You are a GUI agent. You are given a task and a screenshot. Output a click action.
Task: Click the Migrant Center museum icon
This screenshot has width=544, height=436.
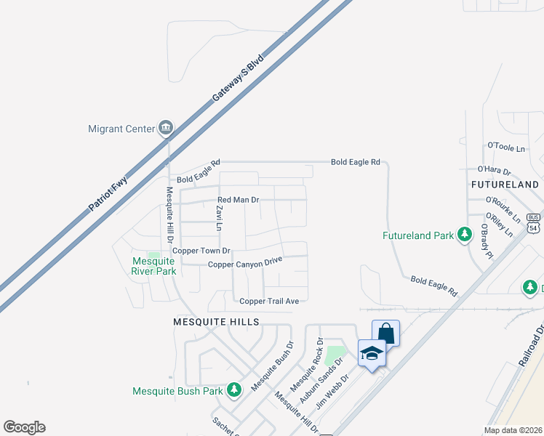pyautogui.click(x=166, y=129)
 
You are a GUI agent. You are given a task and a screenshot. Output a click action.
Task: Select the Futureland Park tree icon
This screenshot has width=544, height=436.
pyautogui.click(x=463, y=235)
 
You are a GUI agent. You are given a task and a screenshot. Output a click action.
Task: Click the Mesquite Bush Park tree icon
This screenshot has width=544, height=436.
pyautogui.click(x=233, y=391)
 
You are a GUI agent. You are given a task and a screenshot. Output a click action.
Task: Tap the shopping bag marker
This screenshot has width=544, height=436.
pyautogui.click(x=385, y=334)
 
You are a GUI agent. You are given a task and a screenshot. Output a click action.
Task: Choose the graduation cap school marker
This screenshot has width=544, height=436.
pyautogui.click(x=372, y=353)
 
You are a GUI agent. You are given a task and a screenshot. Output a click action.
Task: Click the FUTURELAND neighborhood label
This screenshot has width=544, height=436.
pyautogui.click(x=505, y=185)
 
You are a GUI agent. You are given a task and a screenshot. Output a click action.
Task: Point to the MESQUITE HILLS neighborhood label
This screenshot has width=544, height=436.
pyautogui.click(x=216, y=321)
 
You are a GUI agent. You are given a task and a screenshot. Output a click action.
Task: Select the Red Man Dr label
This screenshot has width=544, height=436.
pyautogui.click(x=239, y=199)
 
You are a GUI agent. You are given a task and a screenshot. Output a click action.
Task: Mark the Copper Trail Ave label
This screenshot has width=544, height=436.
pyautogui.click(x=269, y=301)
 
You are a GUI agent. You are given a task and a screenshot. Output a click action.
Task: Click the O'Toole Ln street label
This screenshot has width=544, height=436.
pyautogui.click(x=505, y=148)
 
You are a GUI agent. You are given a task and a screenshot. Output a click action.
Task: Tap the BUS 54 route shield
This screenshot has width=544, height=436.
pyautogui.click(x=534, y=222)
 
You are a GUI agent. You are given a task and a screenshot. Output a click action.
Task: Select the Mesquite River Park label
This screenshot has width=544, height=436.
pyautogui.click(x=154, y=266)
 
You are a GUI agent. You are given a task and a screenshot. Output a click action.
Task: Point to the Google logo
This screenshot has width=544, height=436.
pyautogui.click(x=24, y=427)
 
